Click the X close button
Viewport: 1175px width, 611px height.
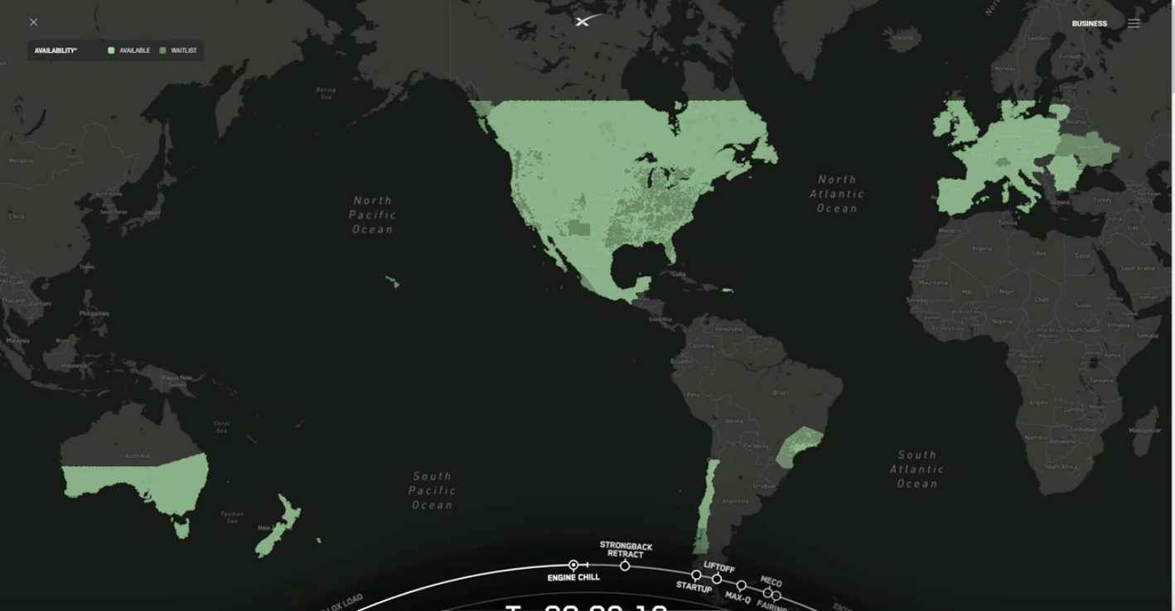click(34, 22)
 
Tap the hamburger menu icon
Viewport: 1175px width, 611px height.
click(1134, 24)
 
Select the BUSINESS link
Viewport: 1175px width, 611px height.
click(1089, 24)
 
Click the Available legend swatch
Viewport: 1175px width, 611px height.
click(111, 51)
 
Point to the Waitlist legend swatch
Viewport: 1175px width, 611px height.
click(162, 51)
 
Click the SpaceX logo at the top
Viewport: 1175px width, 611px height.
click(587, 21)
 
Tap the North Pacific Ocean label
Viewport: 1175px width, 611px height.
click(372, 214)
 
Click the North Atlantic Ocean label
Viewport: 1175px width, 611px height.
click(837, 194)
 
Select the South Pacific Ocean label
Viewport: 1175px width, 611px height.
click(432, 490)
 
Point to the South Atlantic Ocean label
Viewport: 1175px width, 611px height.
click(917, 469)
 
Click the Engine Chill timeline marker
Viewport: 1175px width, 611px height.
click(573, 565)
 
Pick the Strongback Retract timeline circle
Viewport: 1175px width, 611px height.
click(625, 565)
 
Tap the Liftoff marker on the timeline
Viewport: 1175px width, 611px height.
click(717, 579)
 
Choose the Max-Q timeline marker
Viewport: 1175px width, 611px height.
click(741, 586)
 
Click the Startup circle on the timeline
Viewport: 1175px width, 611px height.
click(696, 575)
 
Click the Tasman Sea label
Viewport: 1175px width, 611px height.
click(232, 517)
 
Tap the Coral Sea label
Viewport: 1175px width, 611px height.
click(221, 426)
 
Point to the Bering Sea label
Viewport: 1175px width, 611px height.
click(326, 93)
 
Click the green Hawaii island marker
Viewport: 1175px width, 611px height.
click(393, 283)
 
